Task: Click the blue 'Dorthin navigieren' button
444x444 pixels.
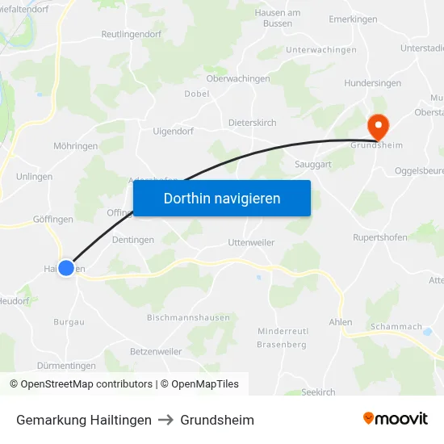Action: point(222,199)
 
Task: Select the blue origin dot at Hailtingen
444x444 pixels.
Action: point(66,268)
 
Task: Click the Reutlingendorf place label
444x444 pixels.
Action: point(132,34)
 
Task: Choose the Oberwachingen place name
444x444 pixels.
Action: point(238,78)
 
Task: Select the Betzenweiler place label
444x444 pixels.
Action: point(155,351)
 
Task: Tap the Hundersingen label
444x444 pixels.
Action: point(371,83)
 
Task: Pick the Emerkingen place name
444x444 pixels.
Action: point(354,19)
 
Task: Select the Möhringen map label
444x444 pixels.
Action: point(75,146)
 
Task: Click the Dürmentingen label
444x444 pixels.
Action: point(66,366)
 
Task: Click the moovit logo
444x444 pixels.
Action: point(396,419)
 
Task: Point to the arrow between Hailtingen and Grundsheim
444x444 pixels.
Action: point(165,420)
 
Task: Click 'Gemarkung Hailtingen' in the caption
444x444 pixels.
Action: point(84,420)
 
